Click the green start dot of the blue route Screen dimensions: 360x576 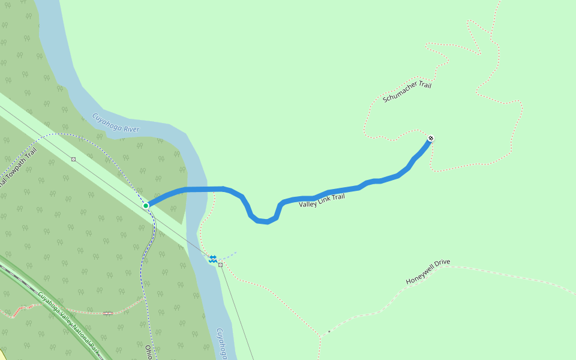click(x=146, y=206)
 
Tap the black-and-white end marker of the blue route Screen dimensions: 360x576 click(x=430, y=139)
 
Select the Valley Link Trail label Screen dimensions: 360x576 click(x=322, y=200)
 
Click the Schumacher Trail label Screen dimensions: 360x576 click(x=407, y=92)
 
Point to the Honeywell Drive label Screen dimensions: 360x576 click(x=428, y=272)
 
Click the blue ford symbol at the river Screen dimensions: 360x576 click(x=212, y=258)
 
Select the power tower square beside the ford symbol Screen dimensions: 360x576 click(x=221, y=265)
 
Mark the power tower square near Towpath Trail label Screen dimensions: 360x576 click(x=73, y=159)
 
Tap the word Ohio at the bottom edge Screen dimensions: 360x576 click(x=148, y=352)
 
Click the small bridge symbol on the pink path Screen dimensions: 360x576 click(x=107, y=313)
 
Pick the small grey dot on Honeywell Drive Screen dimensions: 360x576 click(x=329, y=331)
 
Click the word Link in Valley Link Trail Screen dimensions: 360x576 click(x=324, y=200)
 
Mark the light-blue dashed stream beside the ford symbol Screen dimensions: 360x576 click(x=229, y=255)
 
